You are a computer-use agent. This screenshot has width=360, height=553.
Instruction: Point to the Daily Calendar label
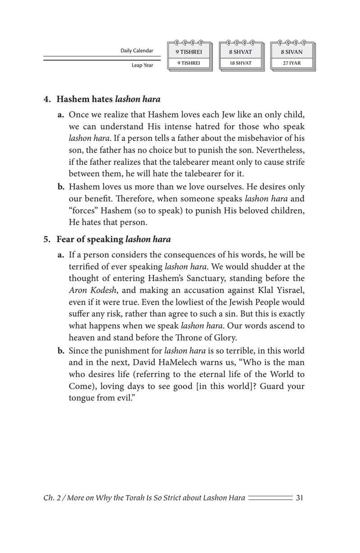click(x=137, y=51)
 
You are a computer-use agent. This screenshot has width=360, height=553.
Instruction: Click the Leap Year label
click(x=142, y=65)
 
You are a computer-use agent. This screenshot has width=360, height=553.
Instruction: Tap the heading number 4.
click(x=47, y=99)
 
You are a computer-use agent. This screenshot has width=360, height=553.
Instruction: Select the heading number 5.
click(x=47, y=239)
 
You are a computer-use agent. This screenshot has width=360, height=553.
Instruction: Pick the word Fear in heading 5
click(x=66, y=239)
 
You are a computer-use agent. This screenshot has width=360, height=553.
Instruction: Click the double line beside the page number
click(x=270, y=498)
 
